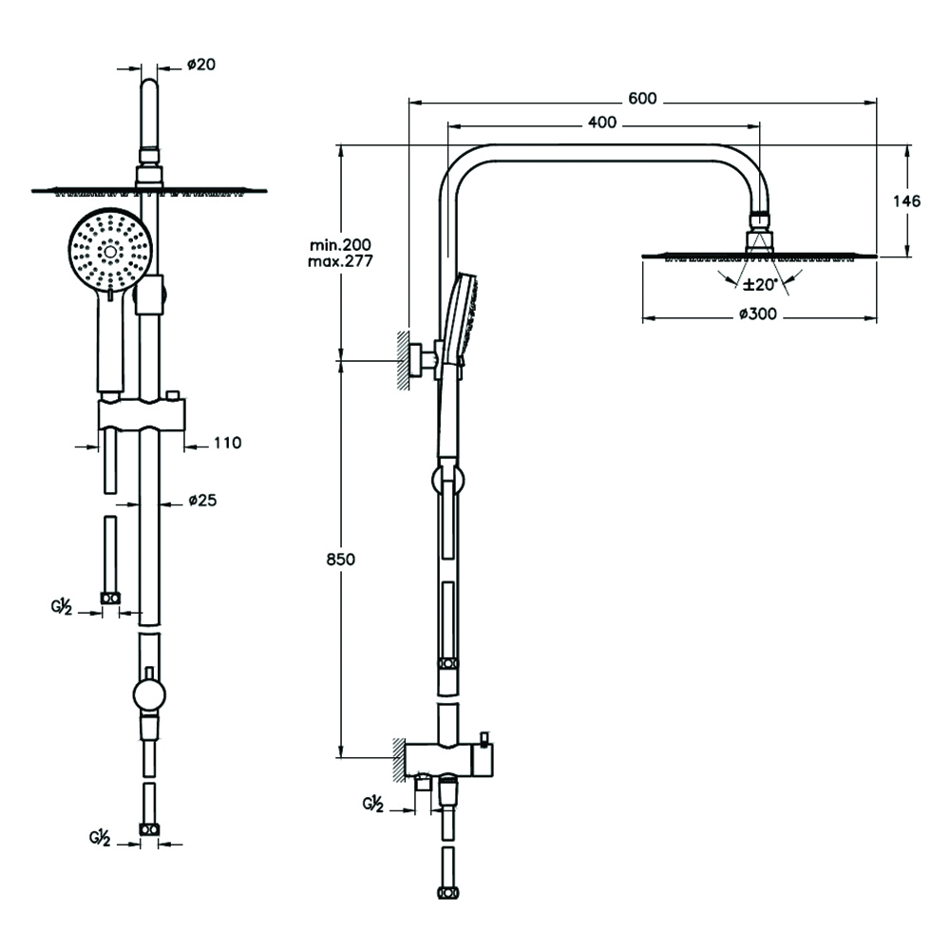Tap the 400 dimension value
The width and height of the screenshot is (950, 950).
tap(602, 123)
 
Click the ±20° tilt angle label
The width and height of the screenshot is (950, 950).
tap(760, 283)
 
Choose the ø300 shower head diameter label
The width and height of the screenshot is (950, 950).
tap(757, 316)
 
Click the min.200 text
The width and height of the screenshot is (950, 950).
tap(333, 245)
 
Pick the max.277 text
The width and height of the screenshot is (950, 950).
tap(333, 260)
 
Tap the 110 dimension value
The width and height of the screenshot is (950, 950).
tap(228, 443)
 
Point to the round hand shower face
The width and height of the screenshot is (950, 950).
tap(110, 251)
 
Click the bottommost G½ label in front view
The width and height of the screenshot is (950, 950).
tap(100, 839)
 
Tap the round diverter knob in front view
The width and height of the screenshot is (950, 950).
tap(149, 694)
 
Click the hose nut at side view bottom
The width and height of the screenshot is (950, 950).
tap(446, 892)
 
